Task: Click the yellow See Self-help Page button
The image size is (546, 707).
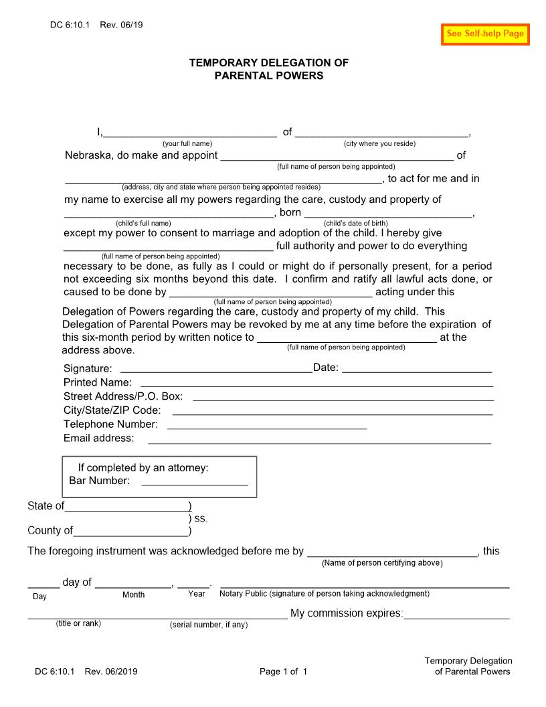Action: [x=485, y=34]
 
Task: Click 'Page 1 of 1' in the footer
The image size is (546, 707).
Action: [x=283, y=672]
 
